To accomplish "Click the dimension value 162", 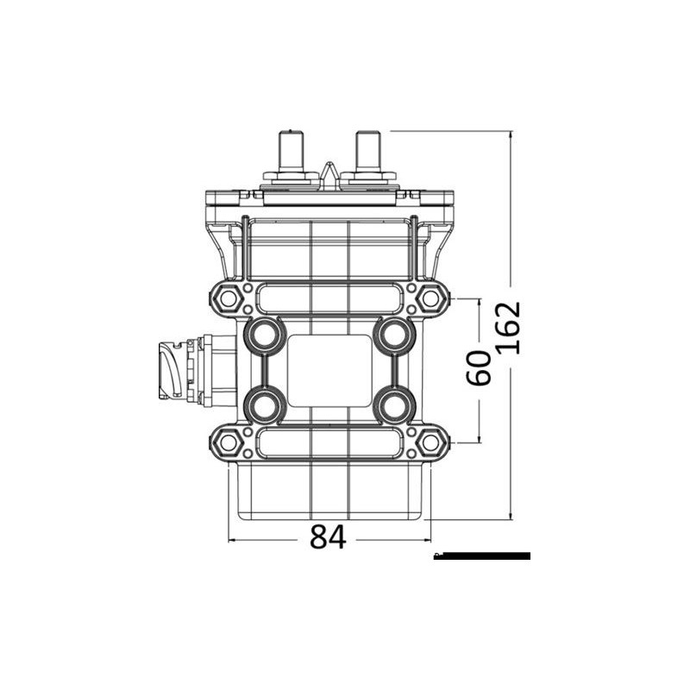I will click(510, 328).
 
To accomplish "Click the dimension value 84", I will click(328, 538).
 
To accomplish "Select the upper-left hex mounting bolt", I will click(228, 298).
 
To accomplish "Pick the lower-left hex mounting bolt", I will click(228, 442).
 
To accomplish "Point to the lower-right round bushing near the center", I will click(393, 404).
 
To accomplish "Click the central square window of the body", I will click(329, 370).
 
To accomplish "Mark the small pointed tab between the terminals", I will click(329, 172).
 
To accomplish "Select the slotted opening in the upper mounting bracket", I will click(329, 298).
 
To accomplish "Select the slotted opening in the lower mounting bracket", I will click(329, 442).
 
